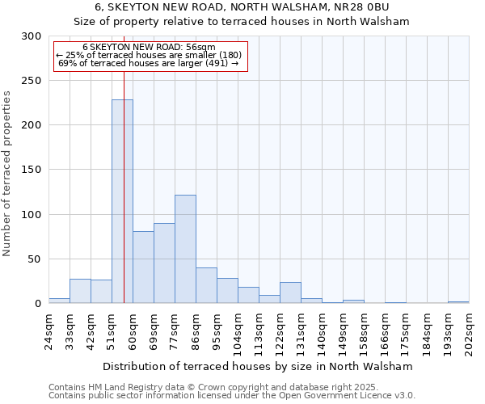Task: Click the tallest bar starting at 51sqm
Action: tap(122, 201)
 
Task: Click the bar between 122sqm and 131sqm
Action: tap(290, 292)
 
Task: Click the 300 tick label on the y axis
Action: tap(32, 36)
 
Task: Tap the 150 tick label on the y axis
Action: tap(32, 170)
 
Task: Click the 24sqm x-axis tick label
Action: tap(49, 332)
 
